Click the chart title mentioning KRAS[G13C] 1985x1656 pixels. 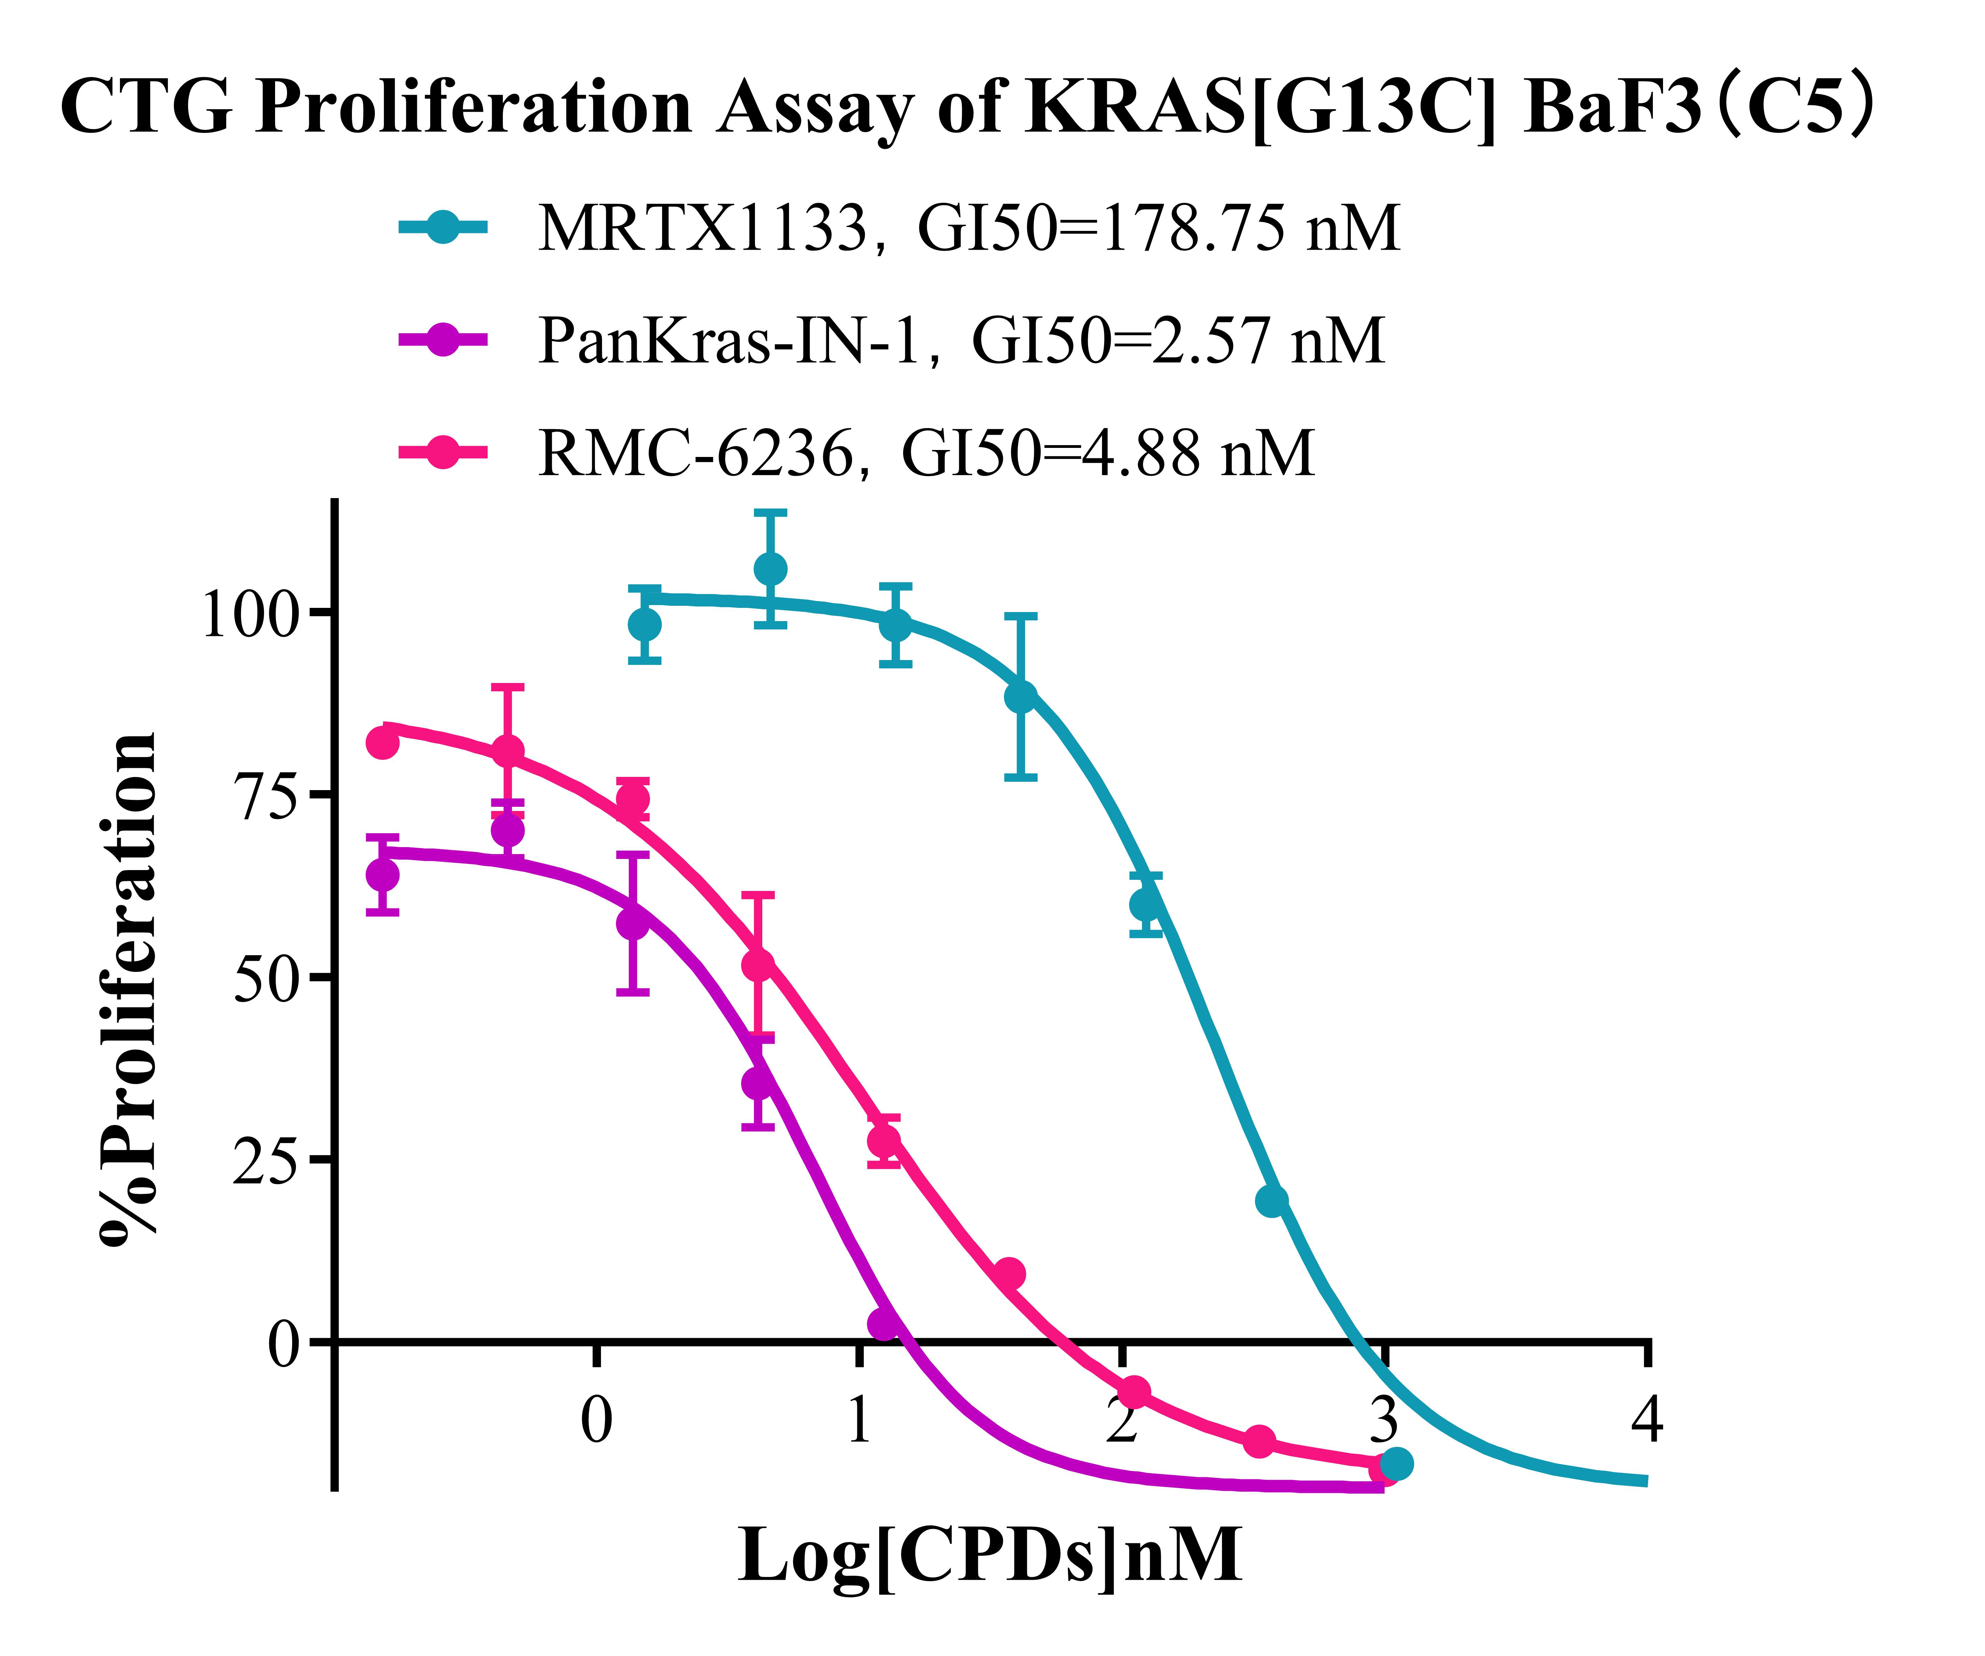point(964,109)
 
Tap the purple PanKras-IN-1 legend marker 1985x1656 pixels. point(442,340)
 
